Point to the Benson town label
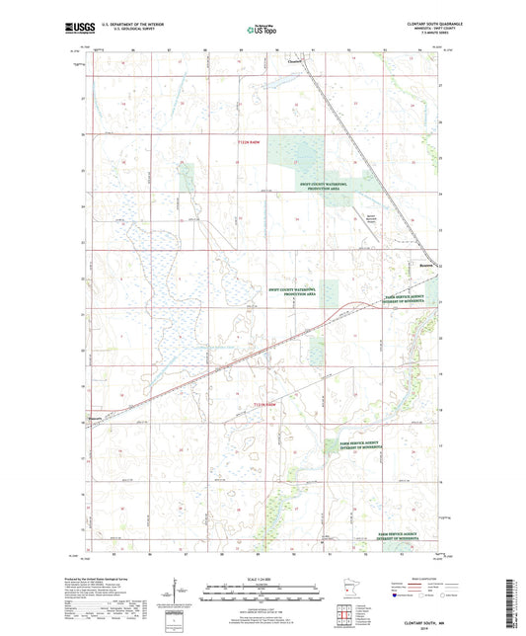[423, 264]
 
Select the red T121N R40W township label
[267, 405]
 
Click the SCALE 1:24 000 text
[262, 578]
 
